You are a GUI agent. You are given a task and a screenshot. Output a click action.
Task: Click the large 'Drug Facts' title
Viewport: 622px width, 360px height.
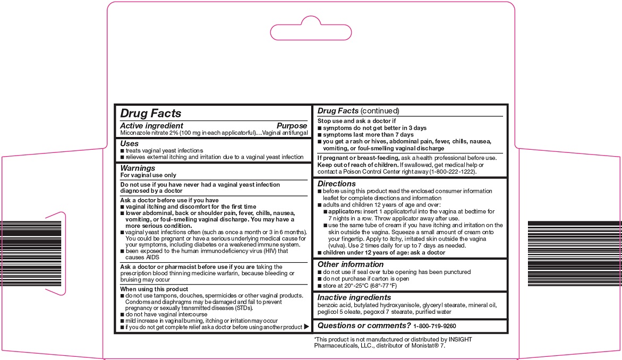click(x=151, y=113)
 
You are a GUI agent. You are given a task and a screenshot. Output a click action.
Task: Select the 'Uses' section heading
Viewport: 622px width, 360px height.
click(x=130, y=143)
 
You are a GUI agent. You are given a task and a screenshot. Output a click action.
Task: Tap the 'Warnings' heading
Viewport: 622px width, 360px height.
click(x=138, y=168)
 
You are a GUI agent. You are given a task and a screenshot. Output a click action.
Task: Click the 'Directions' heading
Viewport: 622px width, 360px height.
click(x=336, y=184)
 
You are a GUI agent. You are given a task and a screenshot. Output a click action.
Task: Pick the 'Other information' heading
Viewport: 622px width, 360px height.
click(x=351, y=264)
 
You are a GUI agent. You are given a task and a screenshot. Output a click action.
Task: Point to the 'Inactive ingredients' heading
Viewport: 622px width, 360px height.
click(x=354, y=297)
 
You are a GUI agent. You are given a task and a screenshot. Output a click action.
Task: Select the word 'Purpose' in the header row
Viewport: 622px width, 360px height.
click(x=292, y=126)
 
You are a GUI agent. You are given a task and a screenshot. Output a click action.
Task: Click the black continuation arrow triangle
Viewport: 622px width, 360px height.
click(x=306, y=327)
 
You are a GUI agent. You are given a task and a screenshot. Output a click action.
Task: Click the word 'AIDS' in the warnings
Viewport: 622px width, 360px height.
click(x=138, y=257)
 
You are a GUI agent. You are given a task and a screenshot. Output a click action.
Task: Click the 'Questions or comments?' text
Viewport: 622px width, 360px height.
click(x=364, y=325)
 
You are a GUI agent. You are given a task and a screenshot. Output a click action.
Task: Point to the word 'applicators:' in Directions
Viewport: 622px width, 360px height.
click(x=346, y=211)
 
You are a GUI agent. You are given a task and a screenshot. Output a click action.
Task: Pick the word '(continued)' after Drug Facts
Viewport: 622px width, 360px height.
click(x=379, y=111)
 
